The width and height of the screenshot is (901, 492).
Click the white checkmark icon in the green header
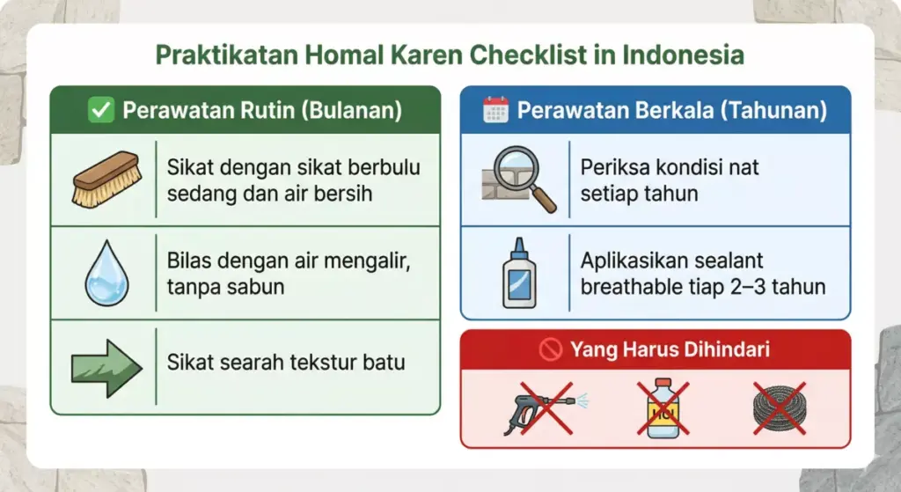[x=102, y=111]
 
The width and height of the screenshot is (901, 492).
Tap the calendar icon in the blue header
[x=496, y=111]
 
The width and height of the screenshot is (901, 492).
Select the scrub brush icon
[x=106, y=180]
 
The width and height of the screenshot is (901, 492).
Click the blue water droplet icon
[x=106, y=273]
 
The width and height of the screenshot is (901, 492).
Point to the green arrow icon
[x=106, y=363]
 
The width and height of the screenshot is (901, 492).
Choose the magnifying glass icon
[x=521, y=180]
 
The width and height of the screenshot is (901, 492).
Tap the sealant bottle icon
[x=518, y=273]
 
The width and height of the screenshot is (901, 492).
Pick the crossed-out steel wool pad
[x=779, y=409]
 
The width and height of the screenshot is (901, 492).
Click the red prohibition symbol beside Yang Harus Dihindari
[x=551, y=350]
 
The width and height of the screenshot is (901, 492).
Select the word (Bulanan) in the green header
[x=357, y=111]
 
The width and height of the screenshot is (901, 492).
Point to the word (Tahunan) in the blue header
[x=778, y=111]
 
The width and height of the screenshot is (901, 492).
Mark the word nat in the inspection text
[x=745, y=167]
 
